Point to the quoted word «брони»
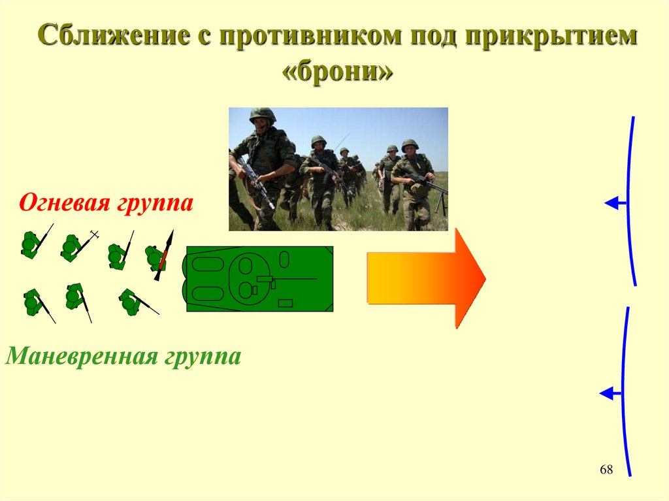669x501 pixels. click(x=338, y=73)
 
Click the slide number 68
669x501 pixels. click(x=606, y=470)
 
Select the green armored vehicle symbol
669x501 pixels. click(x=259, y=279)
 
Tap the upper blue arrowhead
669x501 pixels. click(x=612, y=204)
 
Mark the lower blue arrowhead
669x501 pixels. click(x=607, y=393)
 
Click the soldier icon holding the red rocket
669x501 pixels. click(x=159, y=256)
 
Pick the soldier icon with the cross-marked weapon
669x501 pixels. click(x=76, y=247)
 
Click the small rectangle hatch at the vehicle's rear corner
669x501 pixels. click(x=285, y=303)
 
